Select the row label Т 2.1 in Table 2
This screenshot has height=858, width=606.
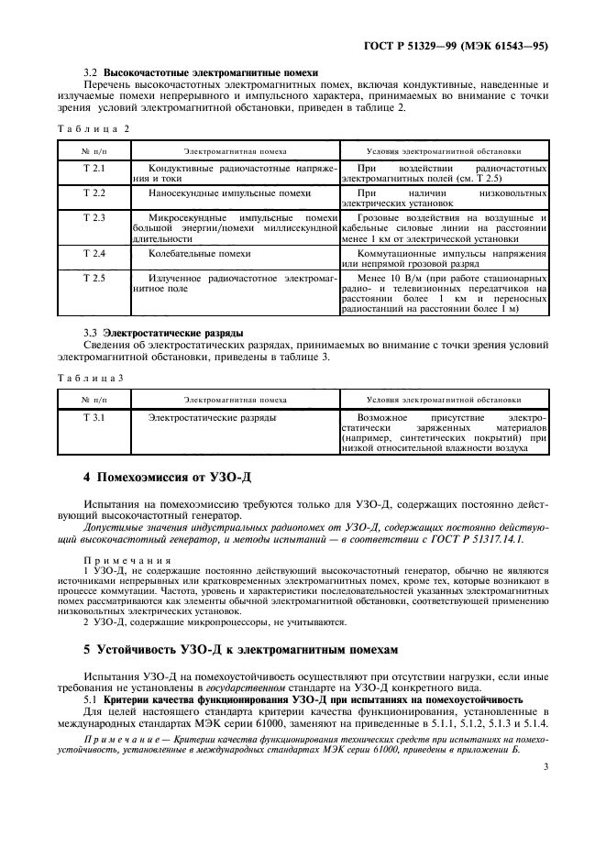[x=94, y=170]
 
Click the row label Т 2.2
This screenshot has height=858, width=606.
[x=94, y=193]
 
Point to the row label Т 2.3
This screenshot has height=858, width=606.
[x=94, y=217]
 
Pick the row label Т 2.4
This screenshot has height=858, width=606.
[x=94, y=252]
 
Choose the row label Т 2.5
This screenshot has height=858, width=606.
[x=94, y=276]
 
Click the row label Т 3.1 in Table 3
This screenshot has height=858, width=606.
[x=94, y=417]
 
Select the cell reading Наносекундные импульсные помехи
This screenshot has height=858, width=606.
[x=229, y=193]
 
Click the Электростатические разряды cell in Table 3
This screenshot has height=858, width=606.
[x=212, y=417]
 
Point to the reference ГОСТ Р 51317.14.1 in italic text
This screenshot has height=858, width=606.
[x=505, y=541]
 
